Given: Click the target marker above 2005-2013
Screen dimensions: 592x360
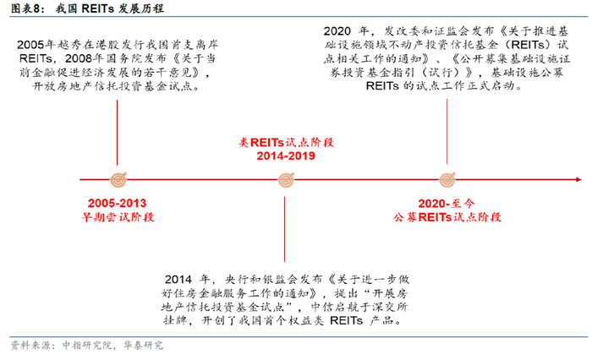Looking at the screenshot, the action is (119, 179).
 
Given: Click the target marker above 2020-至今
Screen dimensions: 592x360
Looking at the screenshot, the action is (447, 179).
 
